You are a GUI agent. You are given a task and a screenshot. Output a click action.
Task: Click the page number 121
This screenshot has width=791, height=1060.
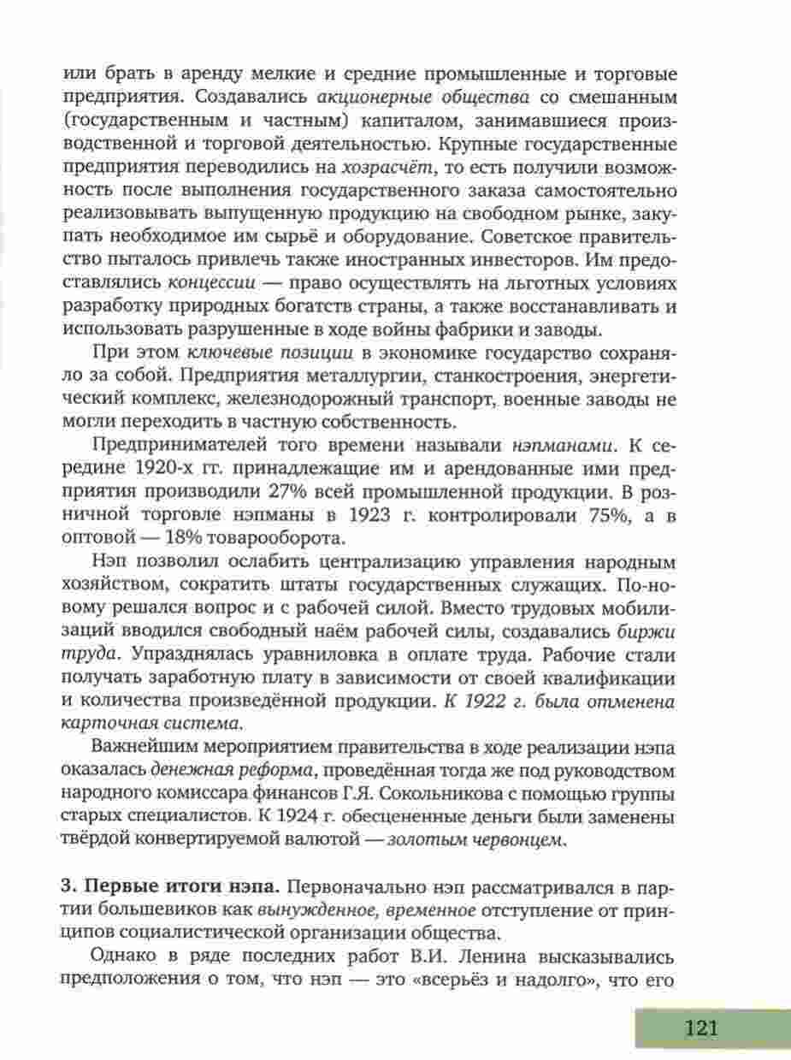tap(699, 1027)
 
